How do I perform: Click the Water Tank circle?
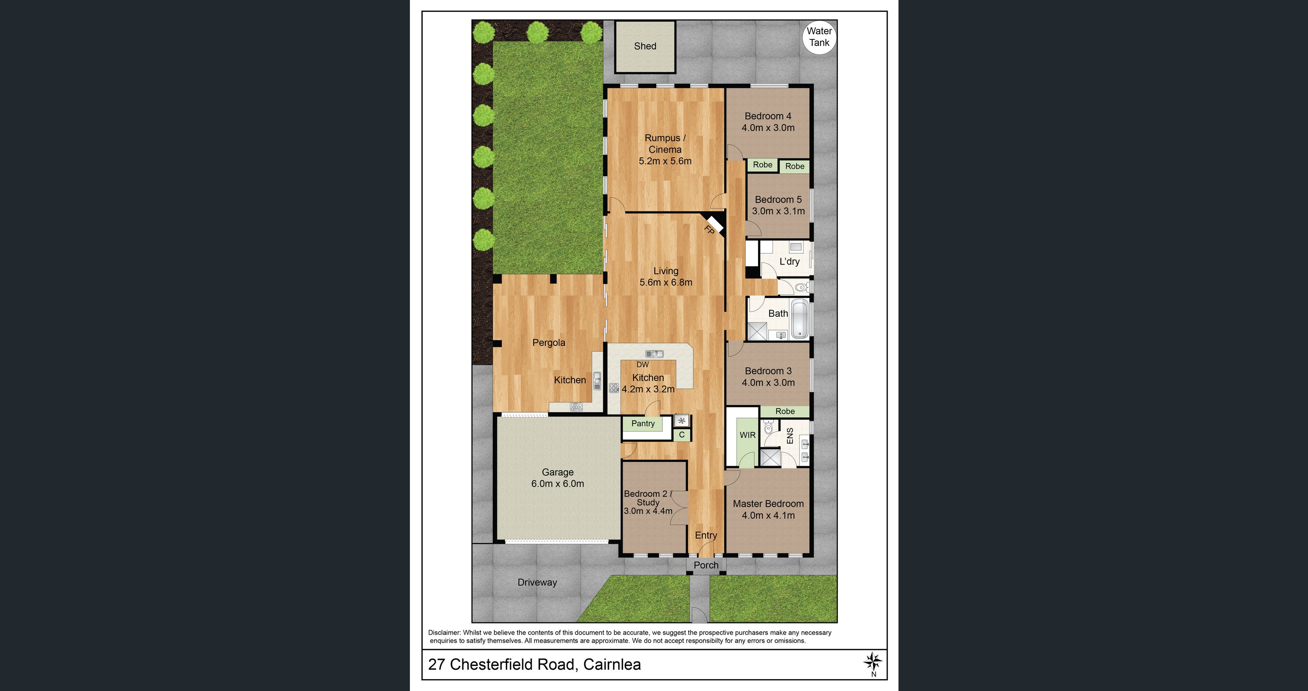tap(819, 37)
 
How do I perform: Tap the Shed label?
tap(645, 46)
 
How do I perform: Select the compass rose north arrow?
tap(873, 662)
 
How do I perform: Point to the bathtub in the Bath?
tap(800, 319)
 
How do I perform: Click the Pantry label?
tap(643, 423)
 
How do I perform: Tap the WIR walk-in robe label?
tap(747, 435)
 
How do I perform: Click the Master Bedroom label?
tap(768, 504)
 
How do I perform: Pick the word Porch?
tap(706, 565)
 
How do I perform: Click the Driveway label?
tap(537, 582)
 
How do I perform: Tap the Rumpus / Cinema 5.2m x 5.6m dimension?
tap(665, 161)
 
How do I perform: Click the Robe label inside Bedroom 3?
tap(785, 411)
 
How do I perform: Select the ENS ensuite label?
tap(790, 436)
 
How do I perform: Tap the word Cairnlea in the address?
tap(612, 665)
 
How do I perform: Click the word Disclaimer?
tap(444, 633)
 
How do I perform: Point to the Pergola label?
tap(548, 343)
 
